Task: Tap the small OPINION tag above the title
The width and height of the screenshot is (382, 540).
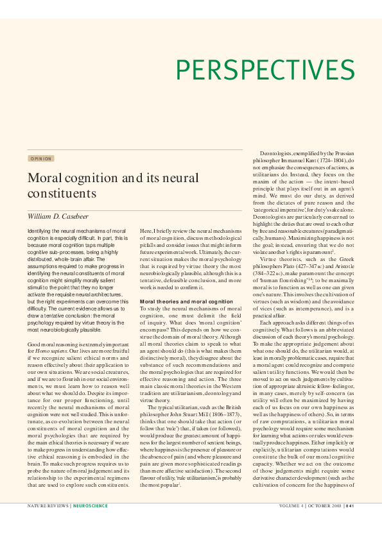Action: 40,158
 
